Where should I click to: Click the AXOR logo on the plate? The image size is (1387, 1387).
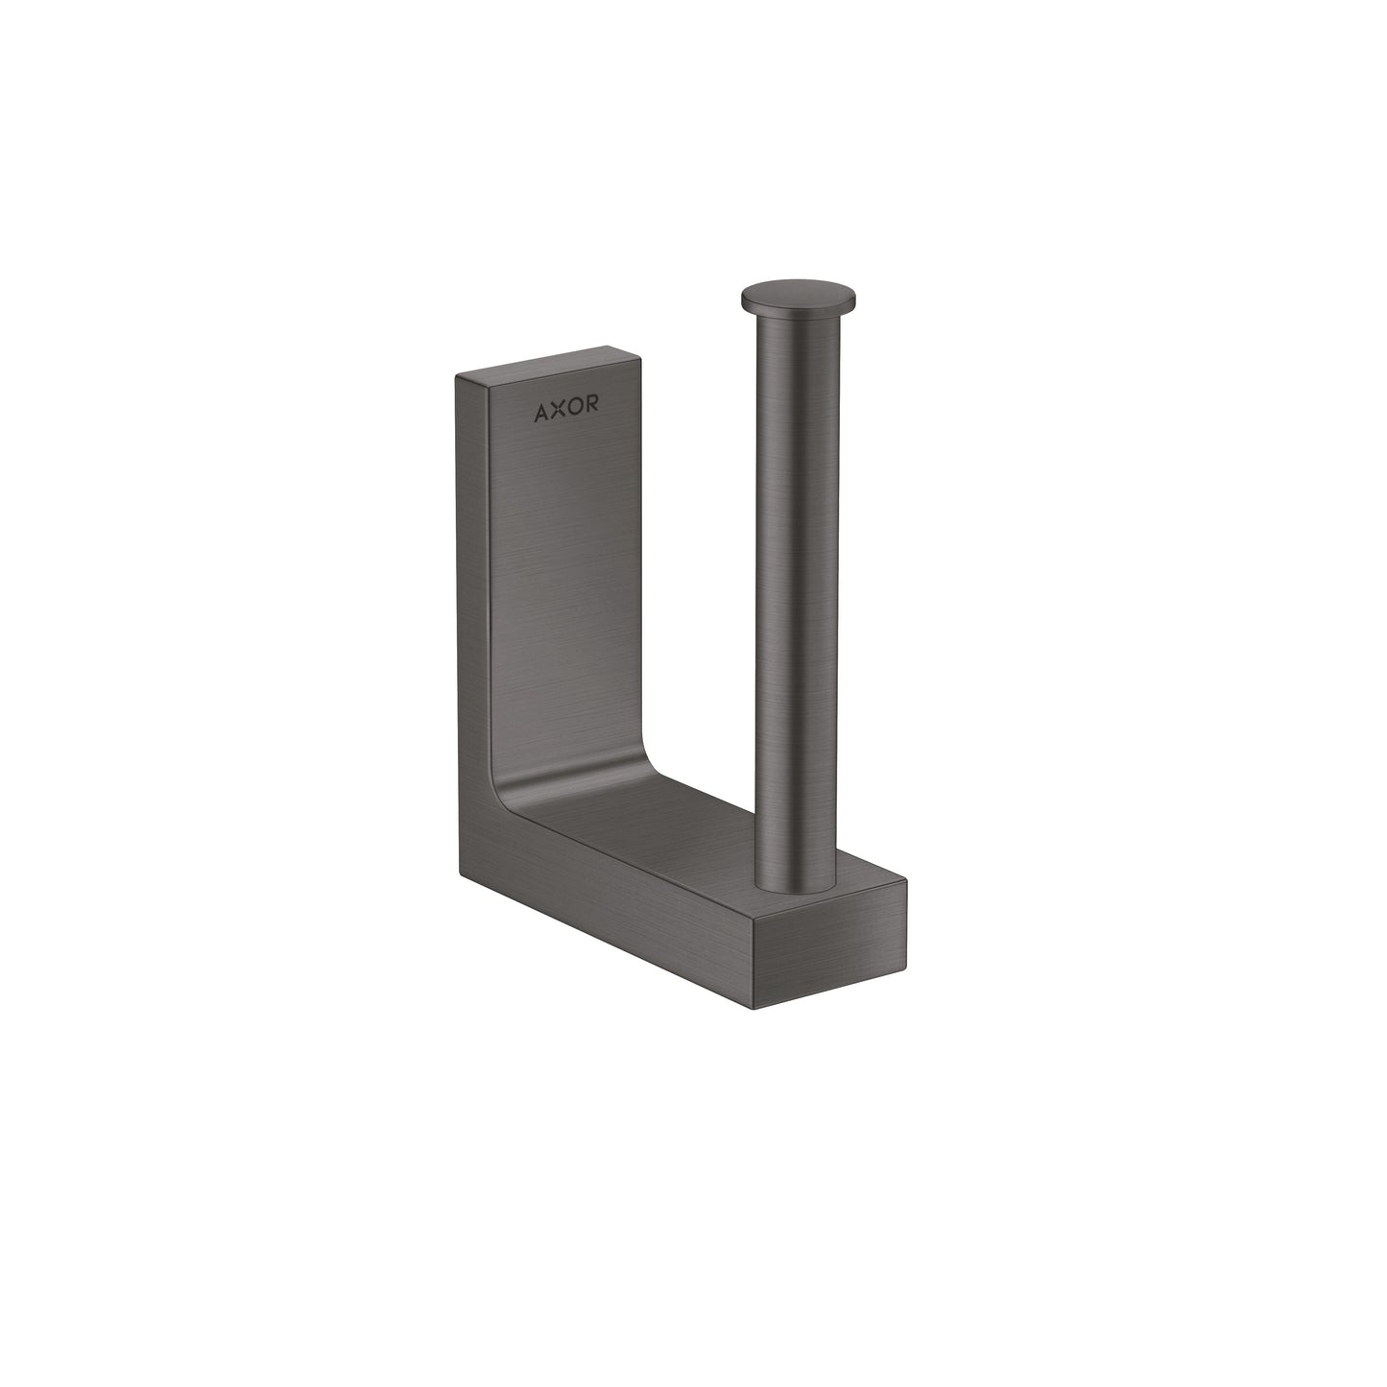(566, 412)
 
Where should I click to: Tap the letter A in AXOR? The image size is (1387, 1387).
(542, 412)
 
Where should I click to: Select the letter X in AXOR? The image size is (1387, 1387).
(559, 412)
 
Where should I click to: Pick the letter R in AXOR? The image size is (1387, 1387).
(591, 412)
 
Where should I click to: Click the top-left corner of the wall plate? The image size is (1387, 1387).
(457, 377)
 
